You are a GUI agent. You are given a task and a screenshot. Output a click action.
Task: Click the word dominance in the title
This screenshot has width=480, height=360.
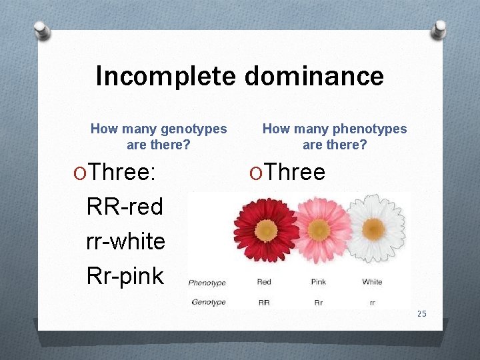point(314,76)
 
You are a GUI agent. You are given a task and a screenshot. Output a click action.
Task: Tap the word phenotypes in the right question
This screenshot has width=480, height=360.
point(369,129)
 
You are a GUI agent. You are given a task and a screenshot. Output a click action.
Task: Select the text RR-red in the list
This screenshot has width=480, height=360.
point(125,207)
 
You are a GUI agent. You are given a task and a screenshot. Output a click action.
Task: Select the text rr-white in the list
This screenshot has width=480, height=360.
point(125,241)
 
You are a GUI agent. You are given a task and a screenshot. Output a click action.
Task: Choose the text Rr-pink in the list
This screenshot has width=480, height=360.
point(125,276)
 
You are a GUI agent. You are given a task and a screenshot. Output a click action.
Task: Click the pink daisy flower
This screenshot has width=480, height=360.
point(318,229)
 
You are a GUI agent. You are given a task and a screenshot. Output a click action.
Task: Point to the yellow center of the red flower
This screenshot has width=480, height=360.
point(266,230)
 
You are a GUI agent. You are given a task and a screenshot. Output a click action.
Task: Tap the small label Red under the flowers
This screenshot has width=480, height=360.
point(264,282)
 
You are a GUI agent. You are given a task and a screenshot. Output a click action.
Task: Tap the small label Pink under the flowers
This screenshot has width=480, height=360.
point(318,282)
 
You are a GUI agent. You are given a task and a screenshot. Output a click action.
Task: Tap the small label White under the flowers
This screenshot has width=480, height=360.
point(372,282)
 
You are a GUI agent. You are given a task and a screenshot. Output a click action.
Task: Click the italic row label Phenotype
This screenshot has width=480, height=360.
point(207,283)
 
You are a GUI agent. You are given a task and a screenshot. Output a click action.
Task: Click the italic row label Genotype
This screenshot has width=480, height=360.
point(209,302)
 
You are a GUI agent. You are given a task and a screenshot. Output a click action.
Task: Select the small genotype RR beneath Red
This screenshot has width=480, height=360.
point(264,302)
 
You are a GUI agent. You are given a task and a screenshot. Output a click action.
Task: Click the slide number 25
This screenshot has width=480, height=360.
point(421,314)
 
